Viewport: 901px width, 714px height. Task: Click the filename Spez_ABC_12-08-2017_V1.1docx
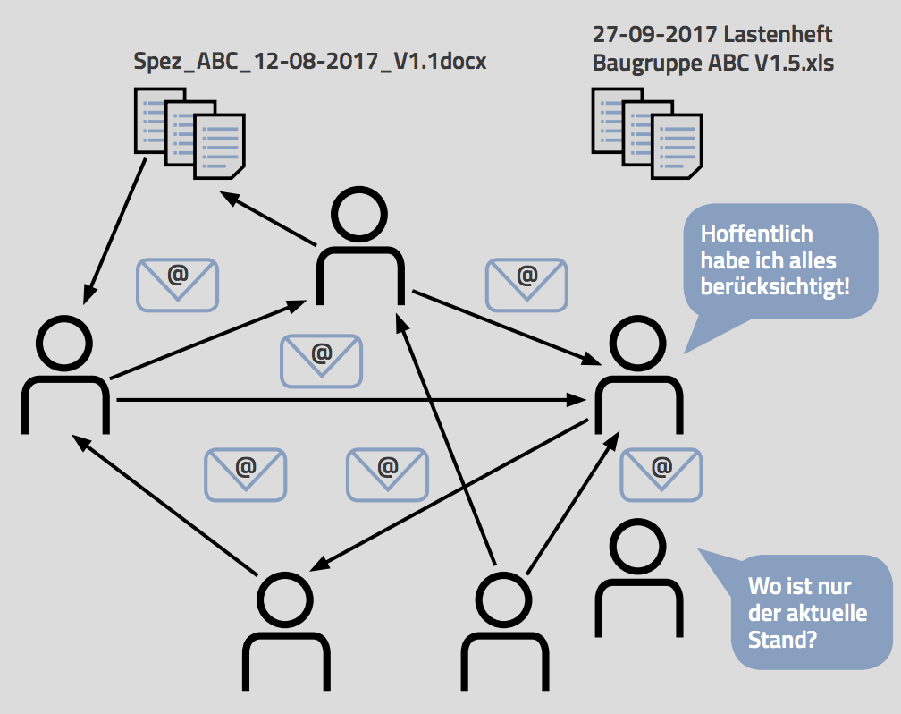pyautogui.click(x=309, y=63)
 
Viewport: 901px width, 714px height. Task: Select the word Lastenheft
pyautogui.click(x=778, y=35)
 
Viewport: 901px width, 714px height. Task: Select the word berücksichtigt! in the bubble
pyautogui.click(x=775, y=288)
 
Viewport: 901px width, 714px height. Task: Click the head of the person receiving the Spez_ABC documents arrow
pyautogui.click(x=64, y=344)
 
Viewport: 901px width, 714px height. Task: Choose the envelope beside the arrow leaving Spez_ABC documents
pyautogui.click(x=177, y=285)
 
